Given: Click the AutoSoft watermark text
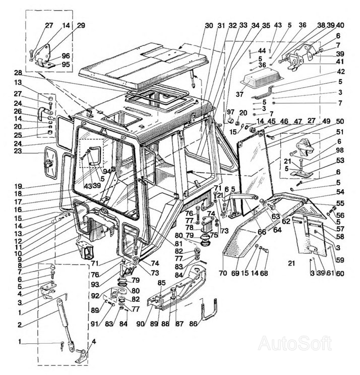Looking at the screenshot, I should coord(295,344).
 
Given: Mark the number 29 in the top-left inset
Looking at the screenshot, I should coord(81,25).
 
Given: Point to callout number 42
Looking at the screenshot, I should coord(341,72).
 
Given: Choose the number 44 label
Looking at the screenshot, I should coord(262,51).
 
